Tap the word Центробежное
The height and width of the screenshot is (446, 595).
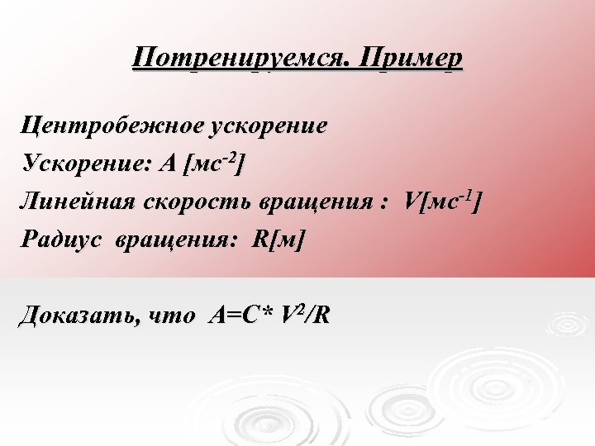click(x=113, y=126)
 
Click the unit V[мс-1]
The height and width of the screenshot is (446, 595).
click(x=441, y=201)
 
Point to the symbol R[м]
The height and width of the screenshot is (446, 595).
click(x=279, y=240)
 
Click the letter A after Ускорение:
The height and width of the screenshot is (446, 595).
click(x=169, y=164)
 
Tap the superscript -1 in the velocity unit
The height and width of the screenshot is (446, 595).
click(x=469, y=193)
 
